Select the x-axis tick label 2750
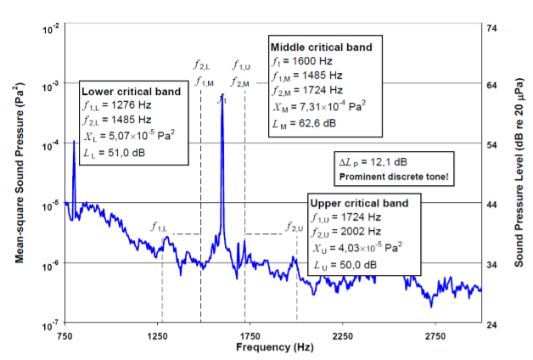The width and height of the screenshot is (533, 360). (435, 337)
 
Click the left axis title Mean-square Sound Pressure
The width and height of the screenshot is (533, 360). (19, 173)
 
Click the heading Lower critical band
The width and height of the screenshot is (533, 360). (132, 91)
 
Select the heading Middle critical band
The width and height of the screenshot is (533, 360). (320, 46)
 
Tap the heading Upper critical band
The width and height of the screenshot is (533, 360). (359, 204)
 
